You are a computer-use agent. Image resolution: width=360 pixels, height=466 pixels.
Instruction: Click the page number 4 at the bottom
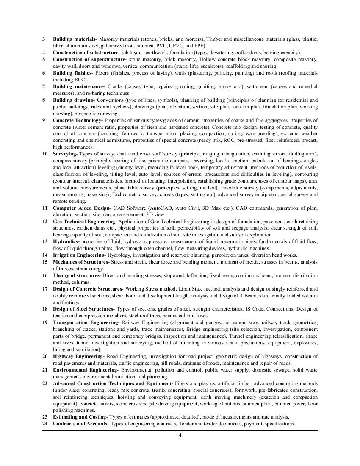180,437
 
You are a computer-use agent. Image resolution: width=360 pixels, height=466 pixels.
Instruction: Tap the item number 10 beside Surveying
44,154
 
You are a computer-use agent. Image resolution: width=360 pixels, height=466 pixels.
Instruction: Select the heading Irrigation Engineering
79,255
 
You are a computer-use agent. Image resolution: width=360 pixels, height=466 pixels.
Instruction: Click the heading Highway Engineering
78,356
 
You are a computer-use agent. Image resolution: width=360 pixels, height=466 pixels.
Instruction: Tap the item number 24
44,424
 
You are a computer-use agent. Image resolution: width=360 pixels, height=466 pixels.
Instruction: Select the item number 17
44,289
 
